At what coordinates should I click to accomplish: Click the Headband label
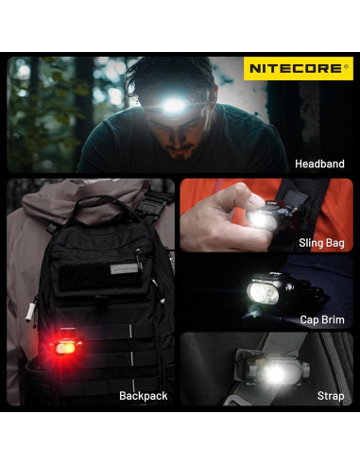pyautogui.click(x=319, y=164)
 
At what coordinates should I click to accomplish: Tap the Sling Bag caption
pyautogui.click(x=319, y=243)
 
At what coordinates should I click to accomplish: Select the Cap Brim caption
pyautogui.click(x=321, y=320)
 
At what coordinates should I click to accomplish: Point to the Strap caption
pyautogui.click(x=331, y=396)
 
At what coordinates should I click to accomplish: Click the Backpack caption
pyautogui.click(x=144, y=396)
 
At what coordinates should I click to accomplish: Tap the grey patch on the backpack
pyautogui.click(x=124, y=267)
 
